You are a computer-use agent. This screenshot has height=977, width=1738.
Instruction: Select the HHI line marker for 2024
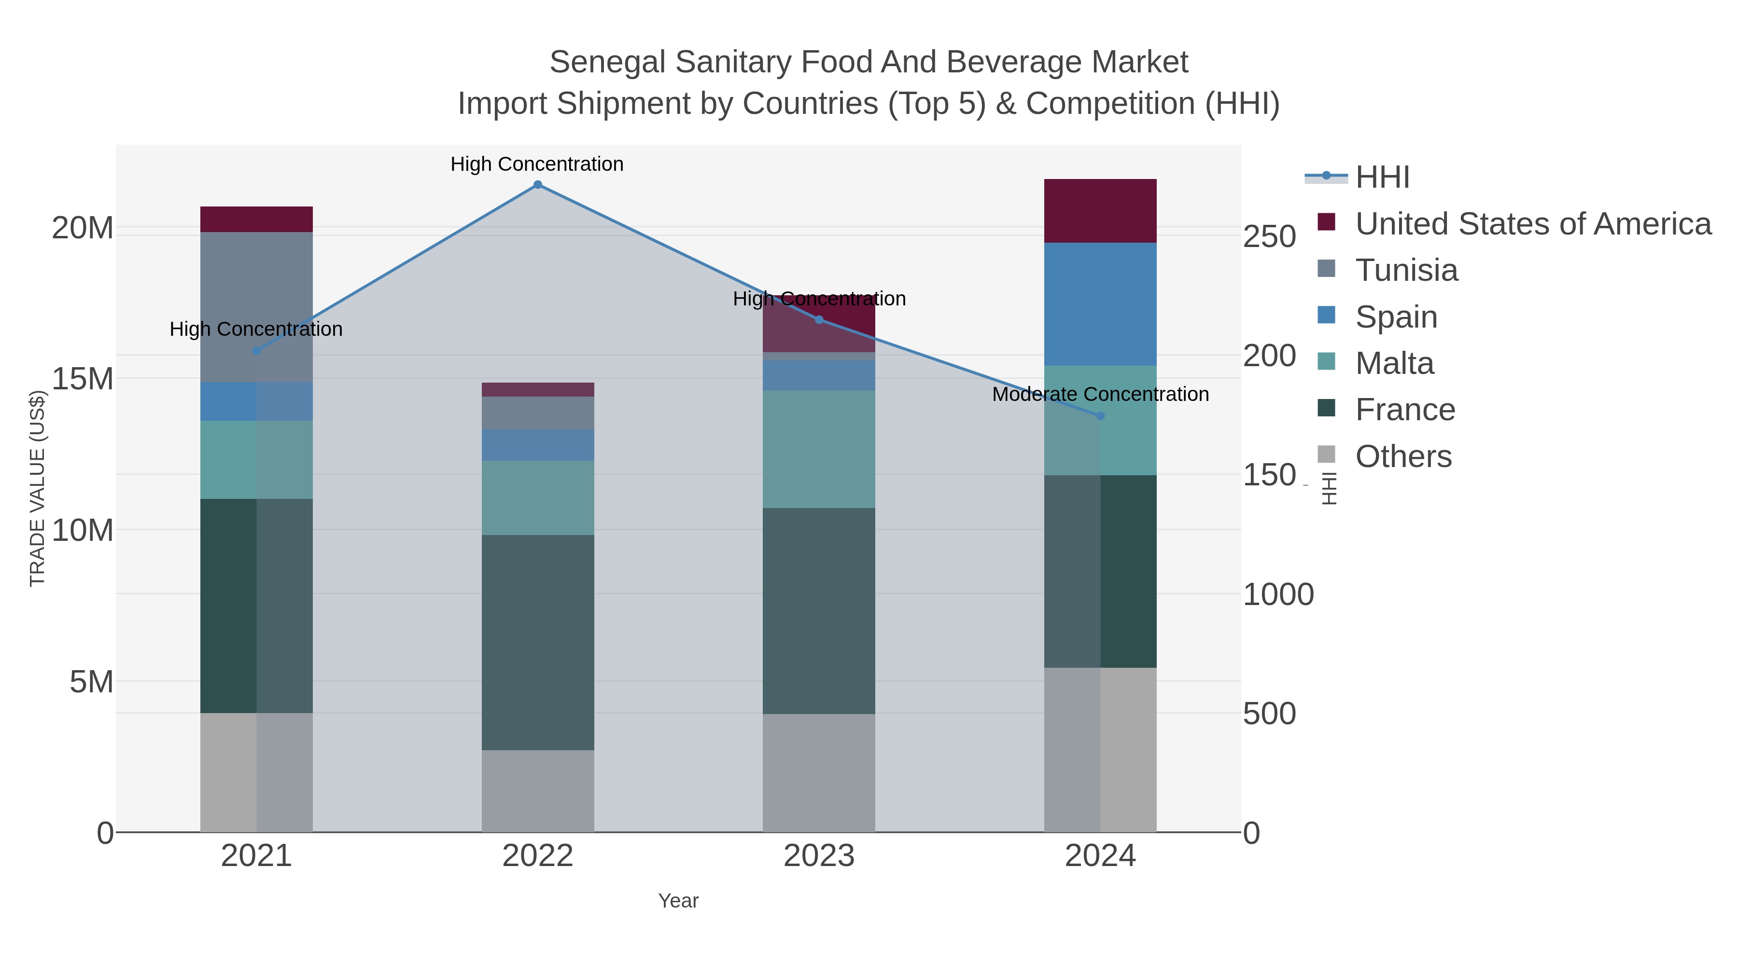1100,416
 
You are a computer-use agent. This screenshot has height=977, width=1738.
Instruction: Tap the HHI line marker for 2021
256,351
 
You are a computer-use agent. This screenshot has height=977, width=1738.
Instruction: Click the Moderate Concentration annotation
1100,395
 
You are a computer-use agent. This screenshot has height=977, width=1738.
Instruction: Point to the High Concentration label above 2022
537,164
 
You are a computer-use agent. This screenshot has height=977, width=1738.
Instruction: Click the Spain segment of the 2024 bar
1100,304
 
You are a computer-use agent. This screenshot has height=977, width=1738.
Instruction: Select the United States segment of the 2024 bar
1100,211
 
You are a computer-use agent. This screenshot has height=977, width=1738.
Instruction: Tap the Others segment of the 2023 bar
818,773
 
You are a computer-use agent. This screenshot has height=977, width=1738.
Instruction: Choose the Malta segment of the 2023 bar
818,449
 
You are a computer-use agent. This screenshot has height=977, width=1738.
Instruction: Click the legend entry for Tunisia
1406,270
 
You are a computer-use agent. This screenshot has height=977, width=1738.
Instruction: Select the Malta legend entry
1394,363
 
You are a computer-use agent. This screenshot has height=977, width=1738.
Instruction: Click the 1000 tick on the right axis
1278,595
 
